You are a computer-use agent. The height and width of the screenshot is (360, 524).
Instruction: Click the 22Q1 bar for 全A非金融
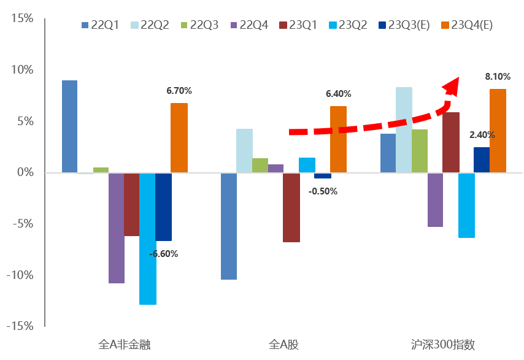point(69,126)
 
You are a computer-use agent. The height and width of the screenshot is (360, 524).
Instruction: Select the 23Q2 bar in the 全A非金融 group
point(147,239)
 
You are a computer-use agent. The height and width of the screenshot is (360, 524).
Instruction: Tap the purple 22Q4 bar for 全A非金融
point(116,228)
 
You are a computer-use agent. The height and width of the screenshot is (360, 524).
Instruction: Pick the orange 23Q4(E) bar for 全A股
point(338,139)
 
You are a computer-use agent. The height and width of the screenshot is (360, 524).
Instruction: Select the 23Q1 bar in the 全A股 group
point(291,207)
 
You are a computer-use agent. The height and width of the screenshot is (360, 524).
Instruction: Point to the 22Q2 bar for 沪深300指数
point(404,129)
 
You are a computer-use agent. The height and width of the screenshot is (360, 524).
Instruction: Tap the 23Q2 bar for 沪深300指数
point(466,205)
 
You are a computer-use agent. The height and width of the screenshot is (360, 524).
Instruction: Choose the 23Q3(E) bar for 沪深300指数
point(482,159)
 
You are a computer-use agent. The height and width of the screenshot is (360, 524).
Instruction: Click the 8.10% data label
point(498,77)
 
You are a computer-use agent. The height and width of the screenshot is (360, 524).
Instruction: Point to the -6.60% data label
point(163,253)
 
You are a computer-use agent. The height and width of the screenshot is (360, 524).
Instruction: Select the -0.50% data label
point(323,191)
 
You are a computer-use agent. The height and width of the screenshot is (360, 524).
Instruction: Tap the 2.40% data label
point(482,135)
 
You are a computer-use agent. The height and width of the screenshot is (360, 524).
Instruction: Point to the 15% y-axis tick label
point(22,18)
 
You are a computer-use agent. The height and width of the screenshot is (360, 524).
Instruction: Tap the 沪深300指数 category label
point(443,344)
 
